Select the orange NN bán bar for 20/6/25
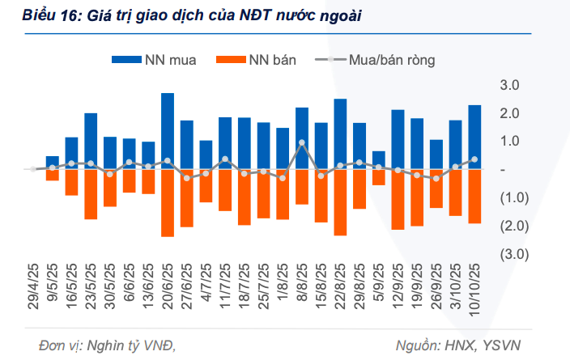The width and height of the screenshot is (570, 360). (168, 203)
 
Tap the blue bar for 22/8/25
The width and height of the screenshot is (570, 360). (340, 134)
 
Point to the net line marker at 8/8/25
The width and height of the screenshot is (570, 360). (302, 143)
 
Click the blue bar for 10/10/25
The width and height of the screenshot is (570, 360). (474, 138)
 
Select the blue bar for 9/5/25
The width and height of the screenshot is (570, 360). (53, 163)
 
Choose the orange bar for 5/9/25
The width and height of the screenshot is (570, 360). (379, 177)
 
